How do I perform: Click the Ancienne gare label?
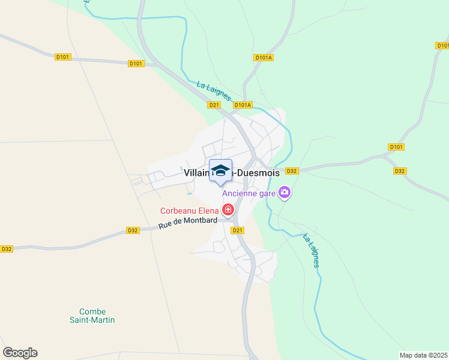(249, 193)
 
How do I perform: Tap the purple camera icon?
(285, 193)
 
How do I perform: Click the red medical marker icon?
(228, 209)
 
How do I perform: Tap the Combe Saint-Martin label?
(92, 316)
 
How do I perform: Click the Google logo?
(20, 353)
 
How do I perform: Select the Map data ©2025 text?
(423, 355)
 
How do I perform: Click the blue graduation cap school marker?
(220, 170)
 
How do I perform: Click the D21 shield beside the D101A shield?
(214, 105)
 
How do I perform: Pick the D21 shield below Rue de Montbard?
(238, 230)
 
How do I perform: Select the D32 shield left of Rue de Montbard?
(133, 230)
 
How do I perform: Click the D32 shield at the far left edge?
(6, 248)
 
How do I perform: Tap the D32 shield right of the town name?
(292, 171)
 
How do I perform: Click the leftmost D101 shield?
(62, 57)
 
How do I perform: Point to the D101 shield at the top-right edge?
(442, 46)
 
